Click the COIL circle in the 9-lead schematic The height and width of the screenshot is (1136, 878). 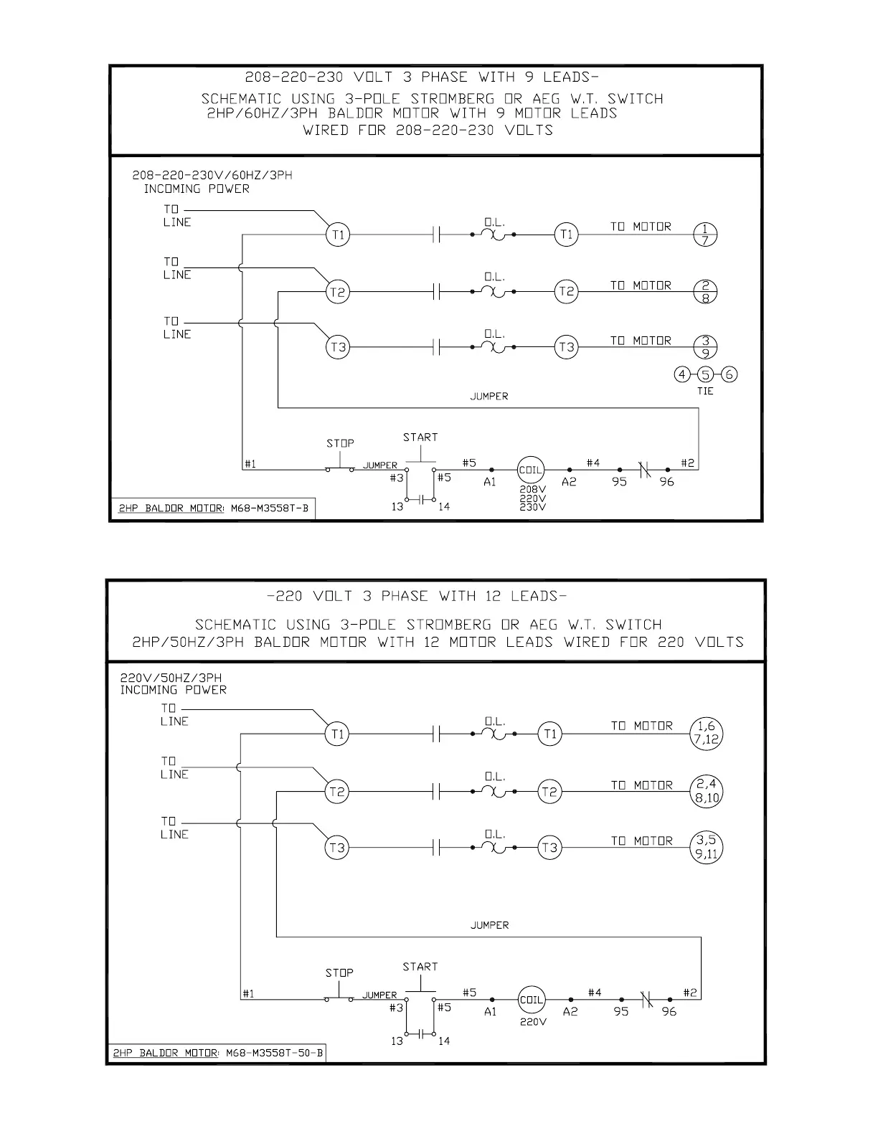coord(531,470)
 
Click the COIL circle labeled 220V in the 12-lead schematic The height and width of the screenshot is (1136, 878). coord(532,1000)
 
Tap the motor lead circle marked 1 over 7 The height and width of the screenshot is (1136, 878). coord(705,234)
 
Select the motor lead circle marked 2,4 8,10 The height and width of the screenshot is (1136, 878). coord(707,791)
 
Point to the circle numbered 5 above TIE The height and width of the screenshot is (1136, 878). coord(706,374)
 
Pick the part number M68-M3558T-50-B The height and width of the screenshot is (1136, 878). coord(274,1053)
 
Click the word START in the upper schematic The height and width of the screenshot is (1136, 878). coord(420,437)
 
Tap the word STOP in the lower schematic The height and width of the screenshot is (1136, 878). coord(339,972)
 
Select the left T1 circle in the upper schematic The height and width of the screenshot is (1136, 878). coord(338,235)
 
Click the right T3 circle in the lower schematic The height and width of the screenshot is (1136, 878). coord(549,848)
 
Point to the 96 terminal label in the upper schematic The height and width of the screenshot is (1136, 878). coord(667,482)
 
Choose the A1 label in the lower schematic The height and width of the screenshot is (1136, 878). coord(491,1011)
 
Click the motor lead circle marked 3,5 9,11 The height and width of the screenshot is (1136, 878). coord(707,847)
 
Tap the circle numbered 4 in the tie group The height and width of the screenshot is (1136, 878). coord(682,374)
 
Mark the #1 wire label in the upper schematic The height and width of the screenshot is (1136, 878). coord(250,464)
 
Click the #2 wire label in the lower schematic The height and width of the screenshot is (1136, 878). coord(689,993)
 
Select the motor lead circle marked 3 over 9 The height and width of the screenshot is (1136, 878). coord(705,347)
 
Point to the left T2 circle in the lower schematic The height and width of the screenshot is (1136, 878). coord(336,792)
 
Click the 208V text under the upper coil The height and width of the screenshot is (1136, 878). coord(532,489)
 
